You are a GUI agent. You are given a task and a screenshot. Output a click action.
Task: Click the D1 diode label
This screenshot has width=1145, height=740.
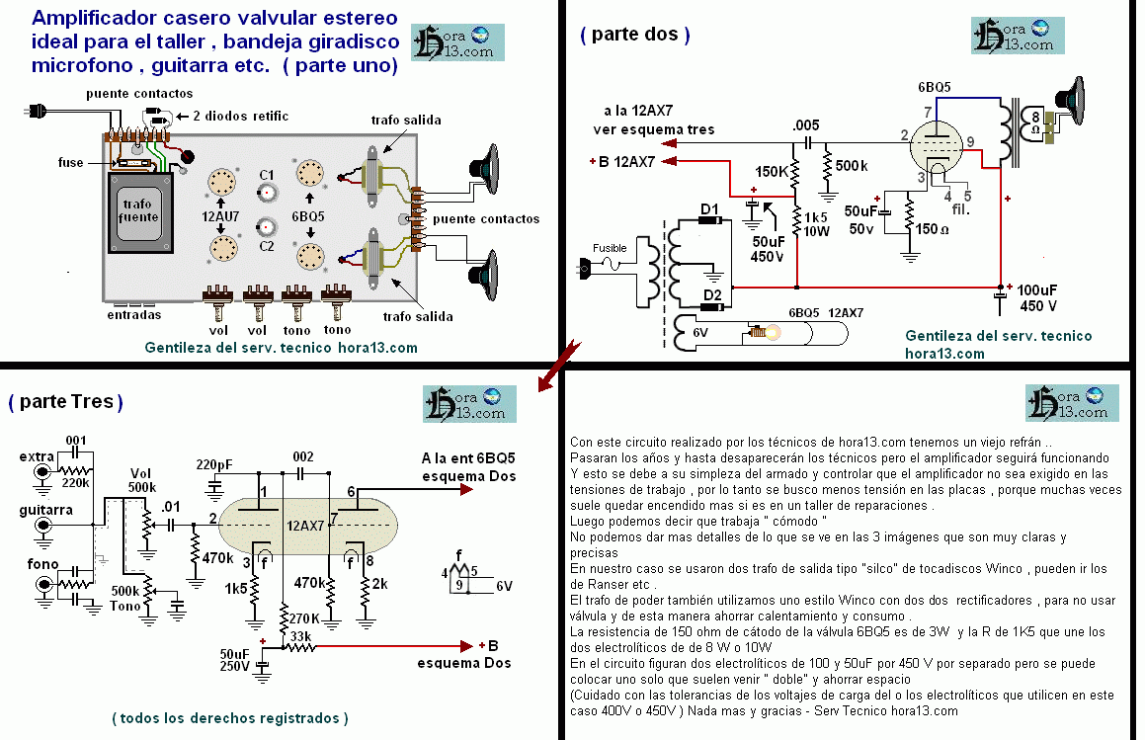(709, 208)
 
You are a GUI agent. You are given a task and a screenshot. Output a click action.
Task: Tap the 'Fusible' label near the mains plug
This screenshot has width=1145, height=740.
(610, 247)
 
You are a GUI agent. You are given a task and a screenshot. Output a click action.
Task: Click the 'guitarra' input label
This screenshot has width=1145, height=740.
(44, 510)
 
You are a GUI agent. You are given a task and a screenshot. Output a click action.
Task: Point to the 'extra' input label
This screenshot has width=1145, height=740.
(39, 457)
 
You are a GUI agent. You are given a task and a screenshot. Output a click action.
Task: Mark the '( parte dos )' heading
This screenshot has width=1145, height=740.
(634, 35)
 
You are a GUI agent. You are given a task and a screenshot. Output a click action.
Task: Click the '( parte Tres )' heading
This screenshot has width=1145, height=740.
(66, 402)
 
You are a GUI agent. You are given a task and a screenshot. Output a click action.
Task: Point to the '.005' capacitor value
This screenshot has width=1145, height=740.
(807, 125)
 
